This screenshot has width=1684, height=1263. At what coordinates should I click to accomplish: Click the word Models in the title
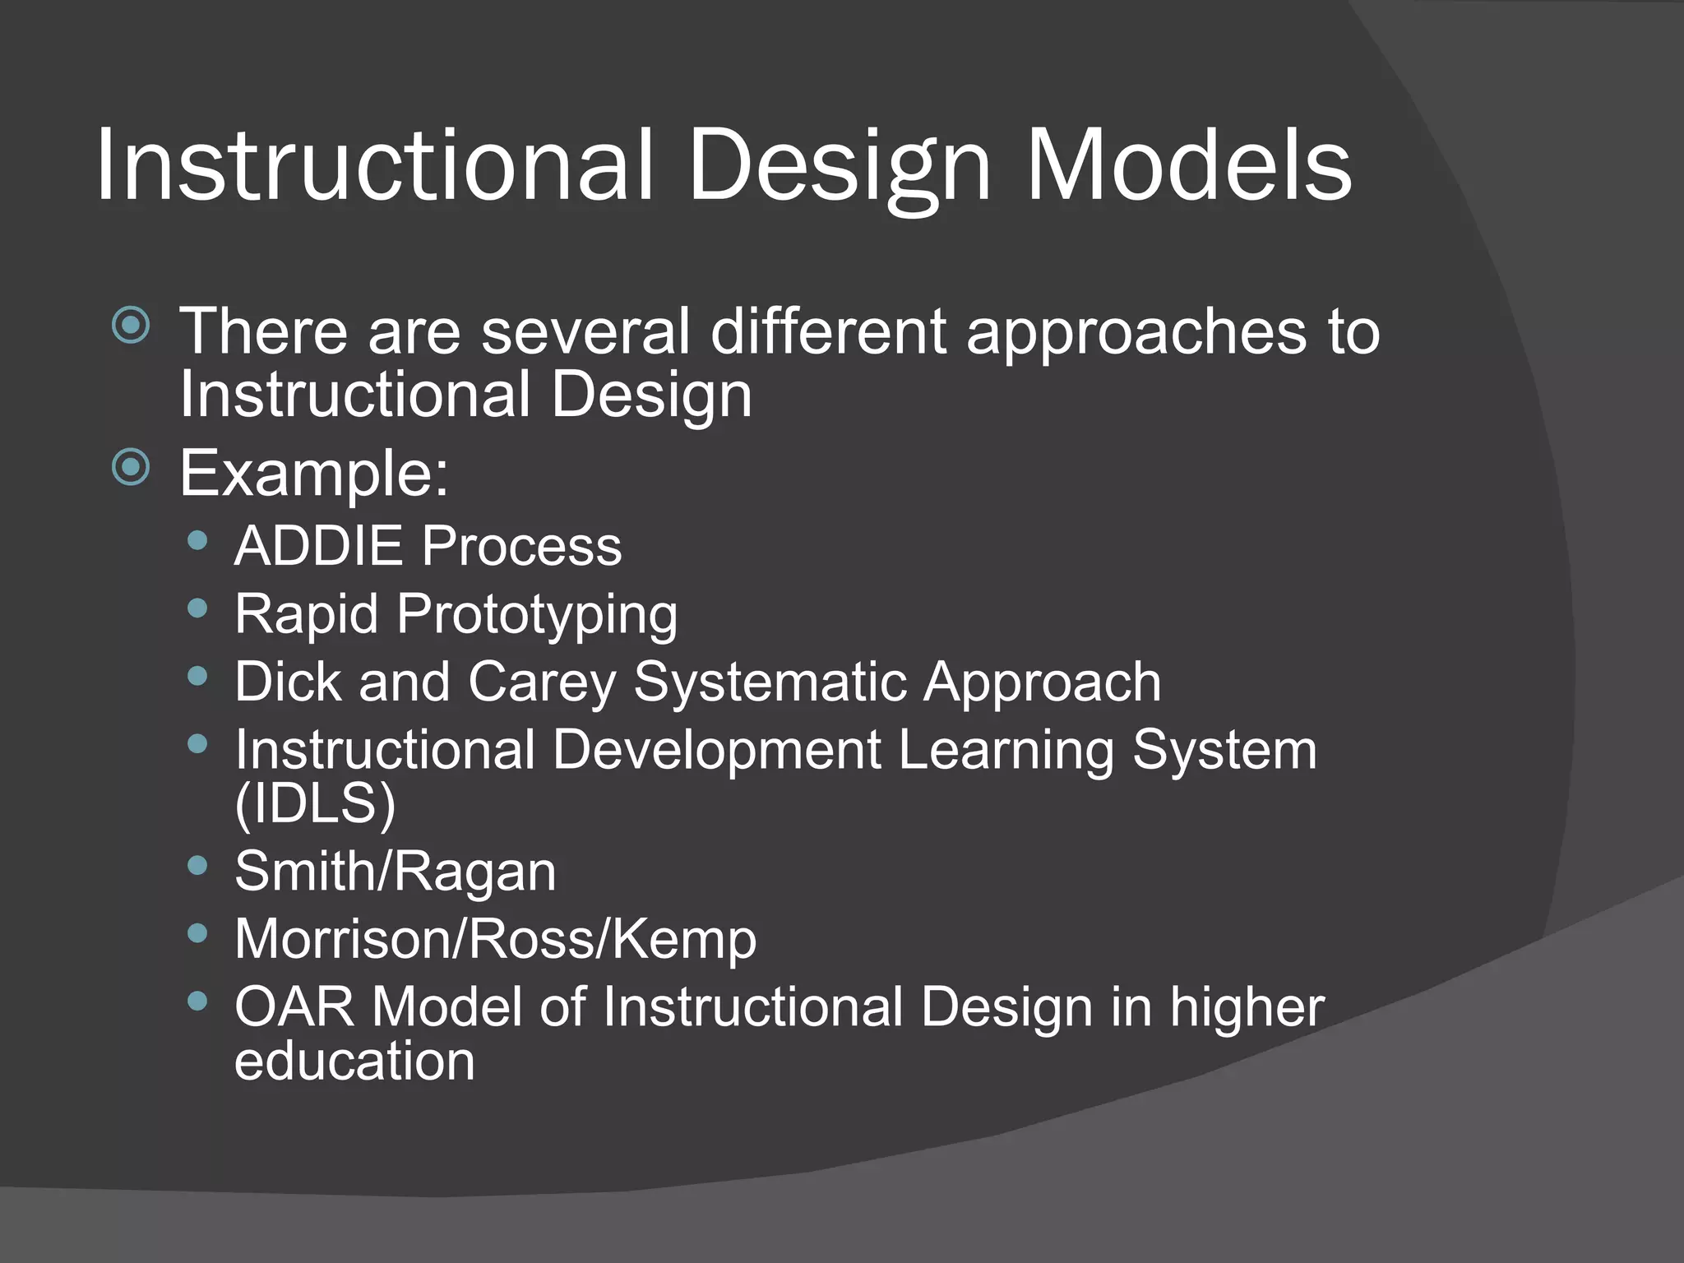[1188, 166]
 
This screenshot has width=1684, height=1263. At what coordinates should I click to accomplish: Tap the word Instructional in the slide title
[374, 166]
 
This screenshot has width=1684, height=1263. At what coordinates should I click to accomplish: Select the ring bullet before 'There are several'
[132, 326]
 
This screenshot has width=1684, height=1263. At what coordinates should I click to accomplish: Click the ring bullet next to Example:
[132, 468]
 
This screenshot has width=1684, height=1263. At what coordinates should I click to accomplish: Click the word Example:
[314, 474]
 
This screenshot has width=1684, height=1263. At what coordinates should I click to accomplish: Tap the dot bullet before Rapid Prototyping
[197, 608]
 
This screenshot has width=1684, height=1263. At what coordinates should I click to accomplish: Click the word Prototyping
[537, 615]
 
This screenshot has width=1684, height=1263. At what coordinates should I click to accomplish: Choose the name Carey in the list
[542, 682]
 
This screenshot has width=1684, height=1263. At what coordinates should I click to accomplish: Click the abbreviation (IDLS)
[315, 803]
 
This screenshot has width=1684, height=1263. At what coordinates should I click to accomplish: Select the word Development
[716, 750]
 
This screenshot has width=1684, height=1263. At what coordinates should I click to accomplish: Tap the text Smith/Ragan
[396, 872]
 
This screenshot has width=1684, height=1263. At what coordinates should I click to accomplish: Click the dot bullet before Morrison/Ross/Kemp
[197, 932]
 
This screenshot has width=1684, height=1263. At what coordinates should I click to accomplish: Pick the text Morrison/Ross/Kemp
[495, 939]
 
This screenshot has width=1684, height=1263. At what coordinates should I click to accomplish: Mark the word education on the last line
[354, 1061]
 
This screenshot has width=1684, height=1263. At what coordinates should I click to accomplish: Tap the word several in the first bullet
[585, 332]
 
